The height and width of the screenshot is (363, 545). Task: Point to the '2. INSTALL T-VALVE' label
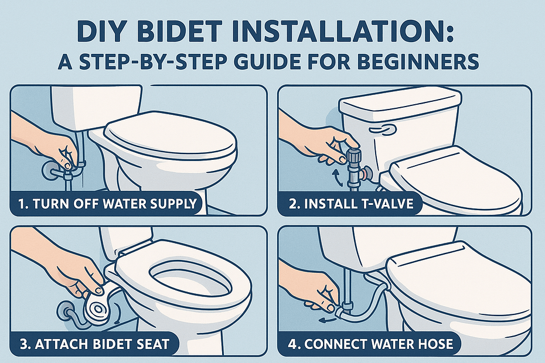pos(351,204)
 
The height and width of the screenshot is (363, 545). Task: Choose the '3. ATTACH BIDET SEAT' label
pos(94,344)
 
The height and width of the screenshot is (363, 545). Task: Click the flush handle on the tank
pos(383,129)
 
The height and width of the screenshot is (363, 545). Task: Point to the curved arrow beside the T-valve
pos(336,177)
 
